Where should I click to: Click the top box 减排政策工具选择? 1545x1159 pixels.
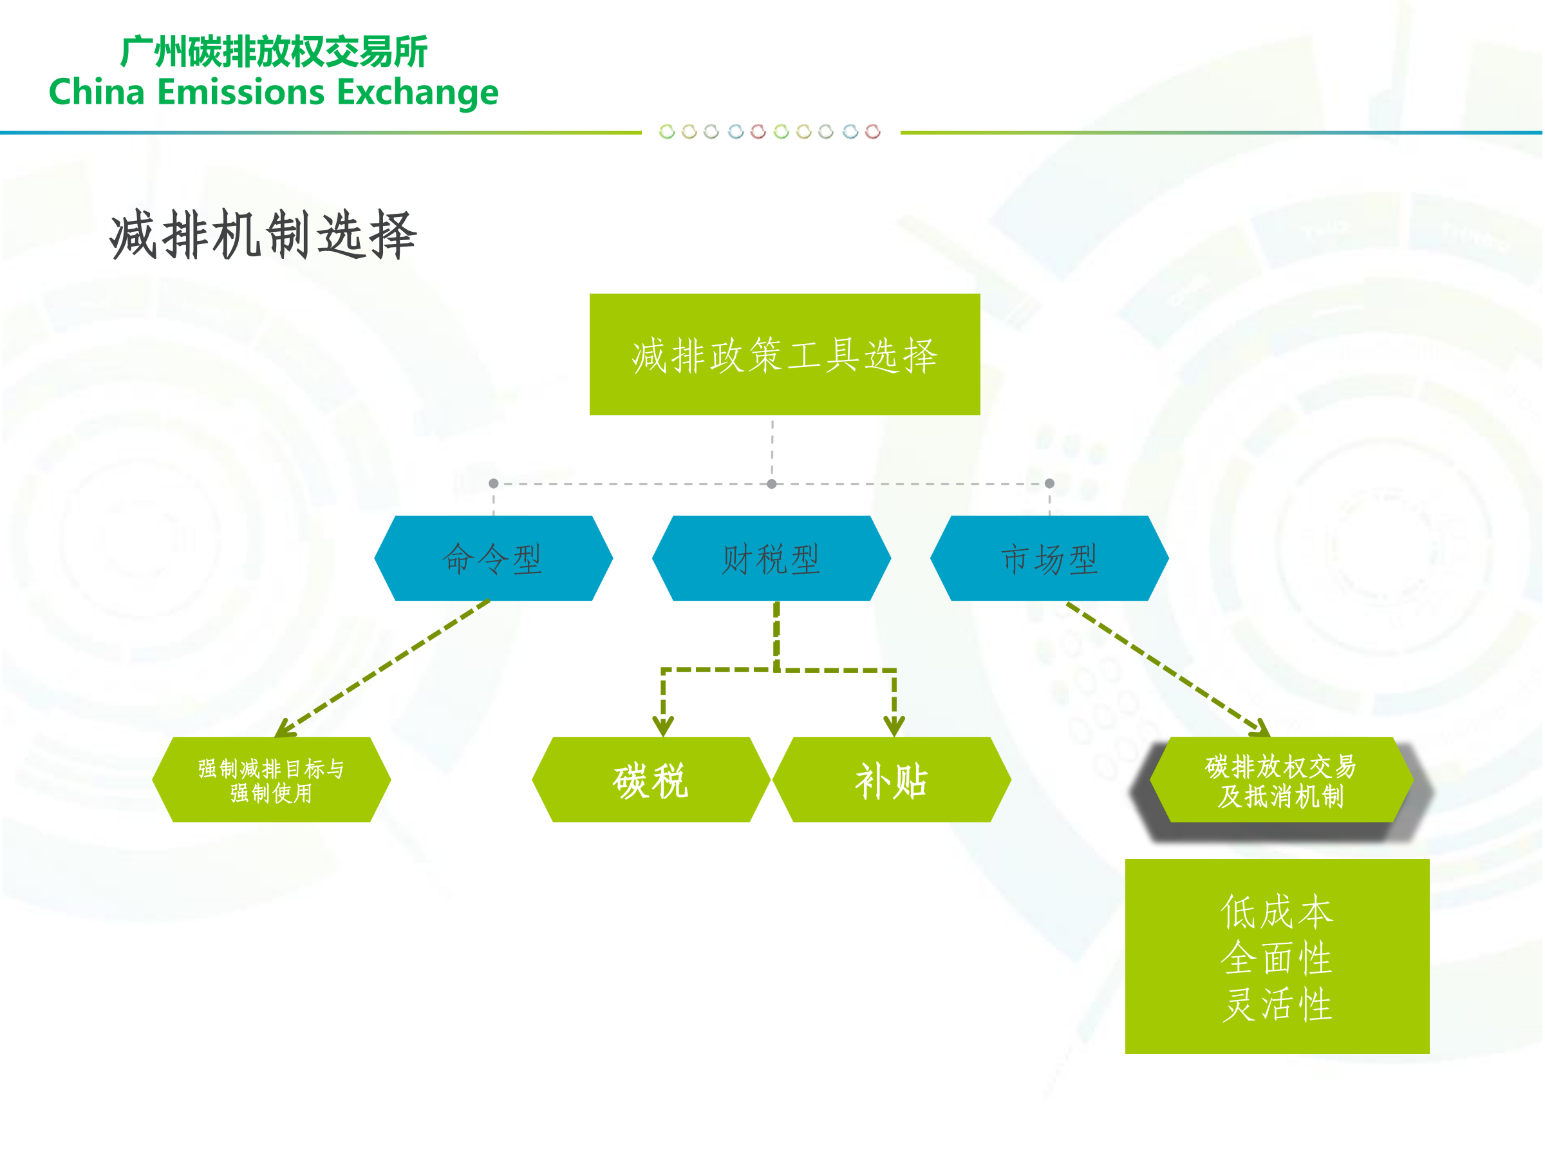tap(784, 354)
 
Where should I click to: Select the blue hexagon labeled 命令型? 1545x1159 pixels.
tap(493, 558)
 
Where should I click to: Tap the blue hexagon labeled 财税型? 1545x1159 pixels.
tap(771, 558)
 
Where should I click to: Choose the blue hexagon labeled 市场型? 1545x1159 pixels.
tap(1049, 558)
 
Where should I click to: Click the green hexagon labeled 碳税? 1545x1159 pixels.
tap(650, 780)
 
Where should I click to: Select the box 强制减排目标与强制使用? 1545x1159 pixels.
tap(271, 780)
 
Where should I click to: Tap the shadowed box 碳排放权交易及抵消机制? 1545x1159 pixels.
tap(1280, 780)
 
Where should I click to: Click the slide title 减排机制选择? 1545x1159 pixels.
tap(263, 235)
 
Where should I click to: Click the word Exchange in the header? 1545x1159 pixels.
tap(417, 93)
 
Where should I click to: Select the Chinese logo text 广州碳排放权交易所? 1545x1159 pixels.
tap(274, 51)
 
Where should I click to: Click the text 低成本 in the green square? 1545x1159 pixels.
tap(1277, 911)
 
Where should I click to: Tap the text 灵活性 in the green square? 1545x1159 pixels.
tap(1277, 1004)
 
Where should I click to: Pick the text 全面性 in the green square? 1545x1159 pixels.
tap(1277, 958)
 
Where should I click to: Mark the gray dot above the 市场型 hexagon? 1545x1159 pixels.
tap(1049, 484)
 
